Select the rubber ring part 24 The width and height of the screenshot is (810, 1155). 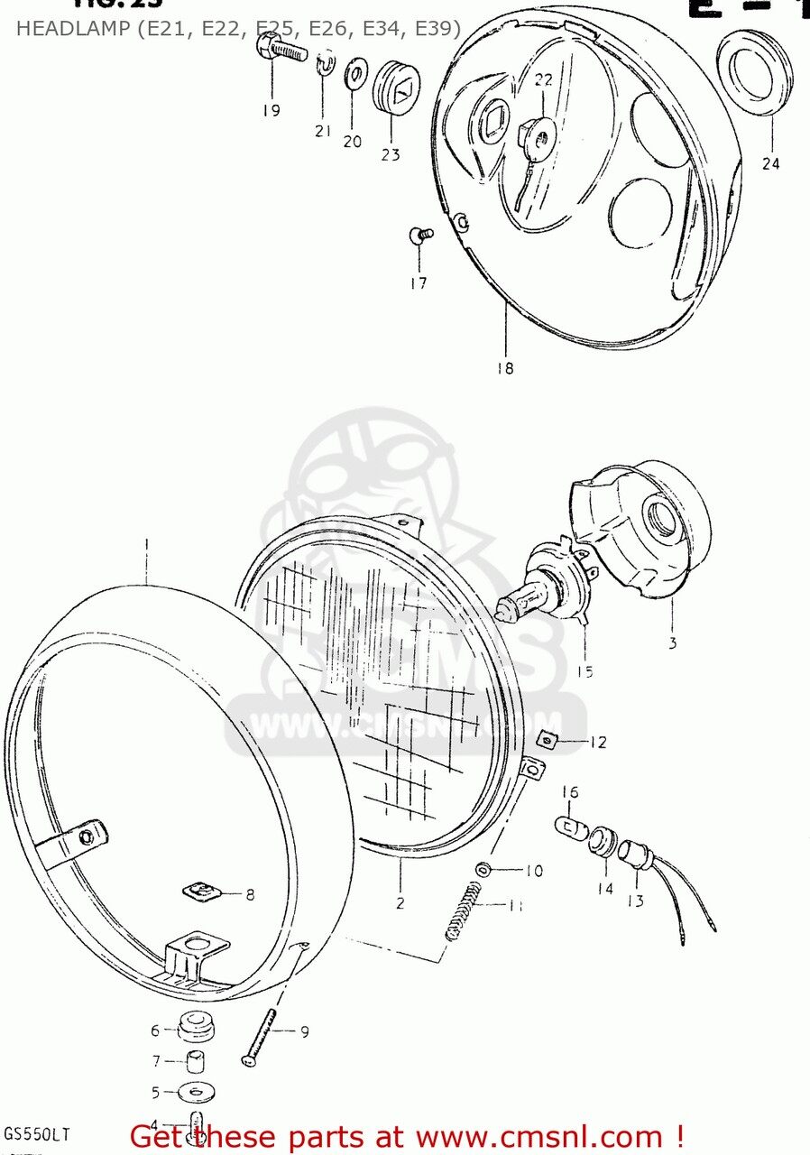coord(755,73)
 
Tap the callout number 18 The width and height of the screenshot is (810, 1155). coord(505,368)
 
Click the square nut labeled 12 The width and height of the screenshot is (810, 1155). coord(547,740)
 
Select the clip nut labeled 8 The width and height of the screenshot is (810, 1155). coord(202,892)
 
